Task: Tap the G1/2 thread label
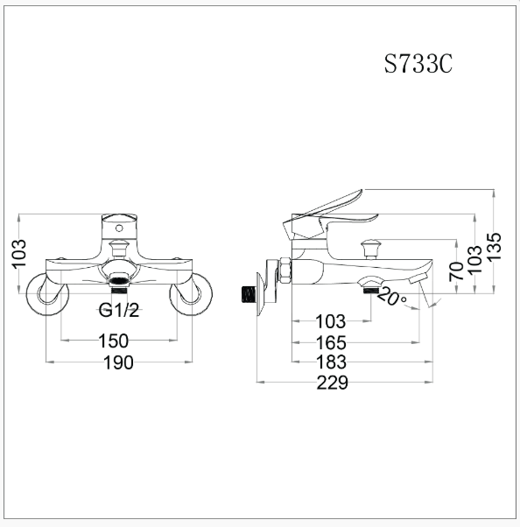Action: point(120,312)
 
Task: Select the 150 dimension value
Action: point(114,341)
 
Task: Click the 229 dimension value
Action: point(333,383)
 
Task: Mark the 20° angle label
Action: point(392,297)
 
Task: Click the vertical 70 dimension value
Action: point(456,271)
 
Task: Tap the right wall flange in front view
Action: point(191,293)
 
